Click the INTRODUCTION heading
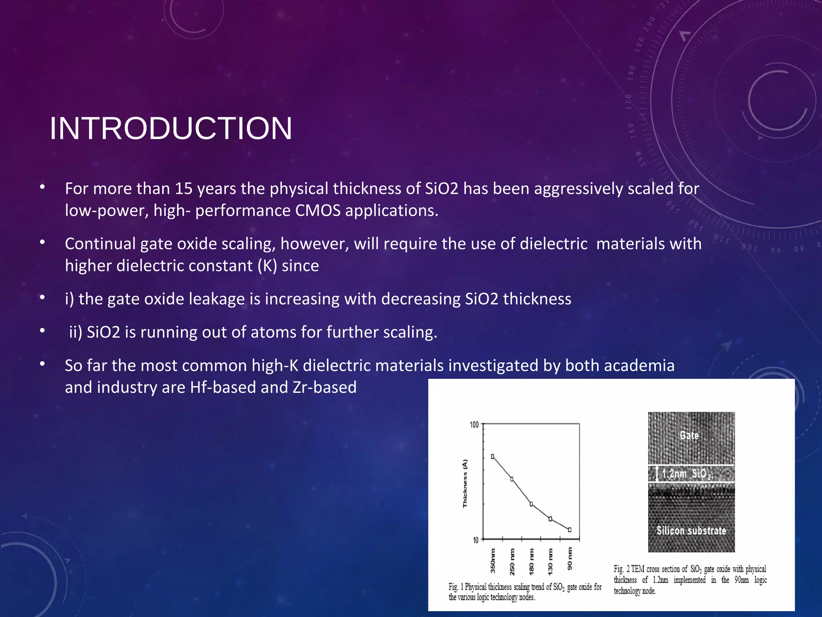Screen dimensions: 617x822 [x=171, y=129]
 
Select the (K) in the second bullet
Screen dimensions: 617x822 [x=267, y=266]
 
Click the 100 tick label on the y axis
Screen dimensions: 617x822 [x=474, y=425]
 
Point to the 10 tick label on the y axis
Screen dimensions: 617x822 [x=476, y=540]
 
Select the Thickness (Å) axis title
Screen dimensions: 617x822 [x=465, y=483]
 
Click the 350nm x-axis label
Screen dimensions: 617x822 [x=493, y=560]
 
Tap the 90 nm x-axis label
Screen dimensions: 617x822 [x=570, y=558]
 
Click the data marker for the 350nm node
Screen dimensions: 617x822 [x=493, y=457]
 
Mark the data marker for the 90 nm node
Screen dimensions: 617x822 [x=570, y=530]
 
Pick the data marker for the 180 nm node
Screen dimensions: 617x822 [x=531, y=504]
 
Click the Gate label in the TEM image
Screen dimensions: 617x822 [x=689, y=435]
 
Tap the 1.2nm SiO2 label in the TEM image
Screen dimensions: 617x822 [x=686, y=474]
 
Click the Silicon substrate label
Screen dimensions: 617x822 [x=691, y=531]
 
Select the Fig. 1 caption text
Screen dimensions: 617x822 [x=525, y=592]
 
